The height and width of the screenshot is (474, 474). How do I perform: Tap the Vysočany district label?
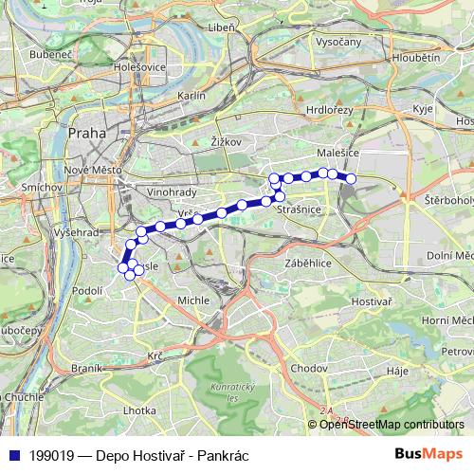(338, 43)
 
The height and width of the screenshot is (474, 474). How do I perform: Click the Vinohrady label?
(171, 191)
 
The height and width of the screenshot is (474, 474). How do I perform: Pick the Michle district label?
(194, 300)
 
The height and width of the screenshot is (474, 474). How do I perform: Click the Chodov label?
(309, 367)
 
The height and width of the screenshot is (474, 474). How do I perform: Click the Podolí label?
(86, 291)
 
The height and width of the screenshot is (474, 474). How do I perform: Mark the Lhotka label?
(139, 410)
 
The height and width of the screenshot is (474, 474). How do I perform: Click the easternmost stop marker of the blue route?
(351, 178)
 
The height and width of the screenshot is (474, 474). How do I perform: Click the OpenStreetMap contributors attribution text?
(392, 425)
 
